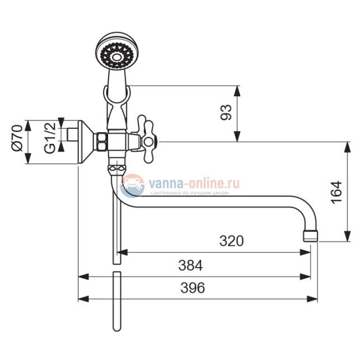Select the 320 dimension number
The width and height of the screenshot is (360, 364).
pyautogui.click(x=231, y=241)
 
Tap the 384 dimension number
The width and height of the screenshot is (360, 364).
pyautogui.click(x=190, y=264)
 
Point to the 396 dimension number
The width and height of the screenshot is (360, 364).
pyautogui.click(x=192, y=288)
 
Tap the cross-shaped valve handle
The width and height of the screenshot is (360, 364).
pyautogui.click(x=149, y=139)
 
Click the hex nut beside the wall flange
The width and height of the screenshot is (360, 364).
pyautogui.click(x=101, y=142)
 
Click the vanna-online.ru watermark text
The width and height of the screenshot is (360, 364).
pyautogui.click(x=193, y=183)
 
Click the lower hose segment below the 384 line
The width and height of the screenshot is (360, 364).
pyautogui.click(x=116, y=302)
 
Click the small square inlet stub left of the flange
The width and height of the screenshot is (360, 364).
pyautogui.click(x=71, y=135)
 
